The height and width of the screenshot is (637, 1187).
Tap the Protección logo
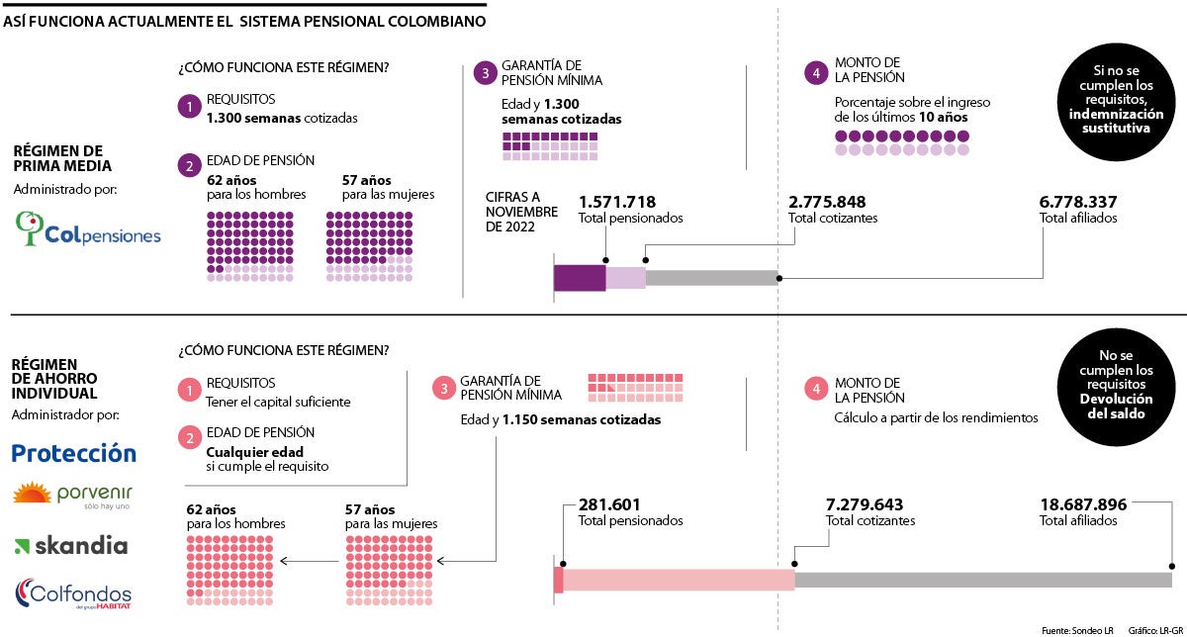coord(73,453)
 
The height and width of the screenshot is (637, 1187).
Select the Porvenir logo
coord(72,494)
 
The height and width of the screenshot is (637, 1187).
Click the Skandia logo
coord(71,545)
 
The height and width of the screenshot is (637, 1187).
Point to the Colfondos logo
coord(72,592)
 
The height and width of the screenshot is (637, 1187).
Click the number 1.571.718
coord(616,202)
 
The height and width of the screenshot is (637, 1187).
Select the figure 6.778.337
coord(1078,202)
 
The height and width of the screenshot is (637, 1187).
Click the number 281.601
coord(611,504)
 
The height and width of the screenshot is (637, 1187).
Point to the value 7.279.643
coord(864,504)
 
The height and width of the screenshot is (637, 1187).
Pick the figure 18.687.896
coord(1083,504)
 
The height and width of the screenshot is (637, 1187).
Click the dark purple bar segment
coord(580,278)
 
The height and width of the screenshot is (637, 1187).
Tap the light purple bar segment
coord(625,278)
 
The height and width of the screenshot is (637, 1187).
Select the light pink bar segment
coord(679,580)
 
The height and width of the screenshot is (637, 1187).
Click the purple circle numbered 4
coord(816,72)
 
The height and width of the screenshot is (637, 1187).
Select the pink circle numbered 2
coord(189,438)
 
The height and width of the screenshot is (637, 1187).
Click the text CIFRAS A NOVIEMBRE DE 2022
coord(521,212)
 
